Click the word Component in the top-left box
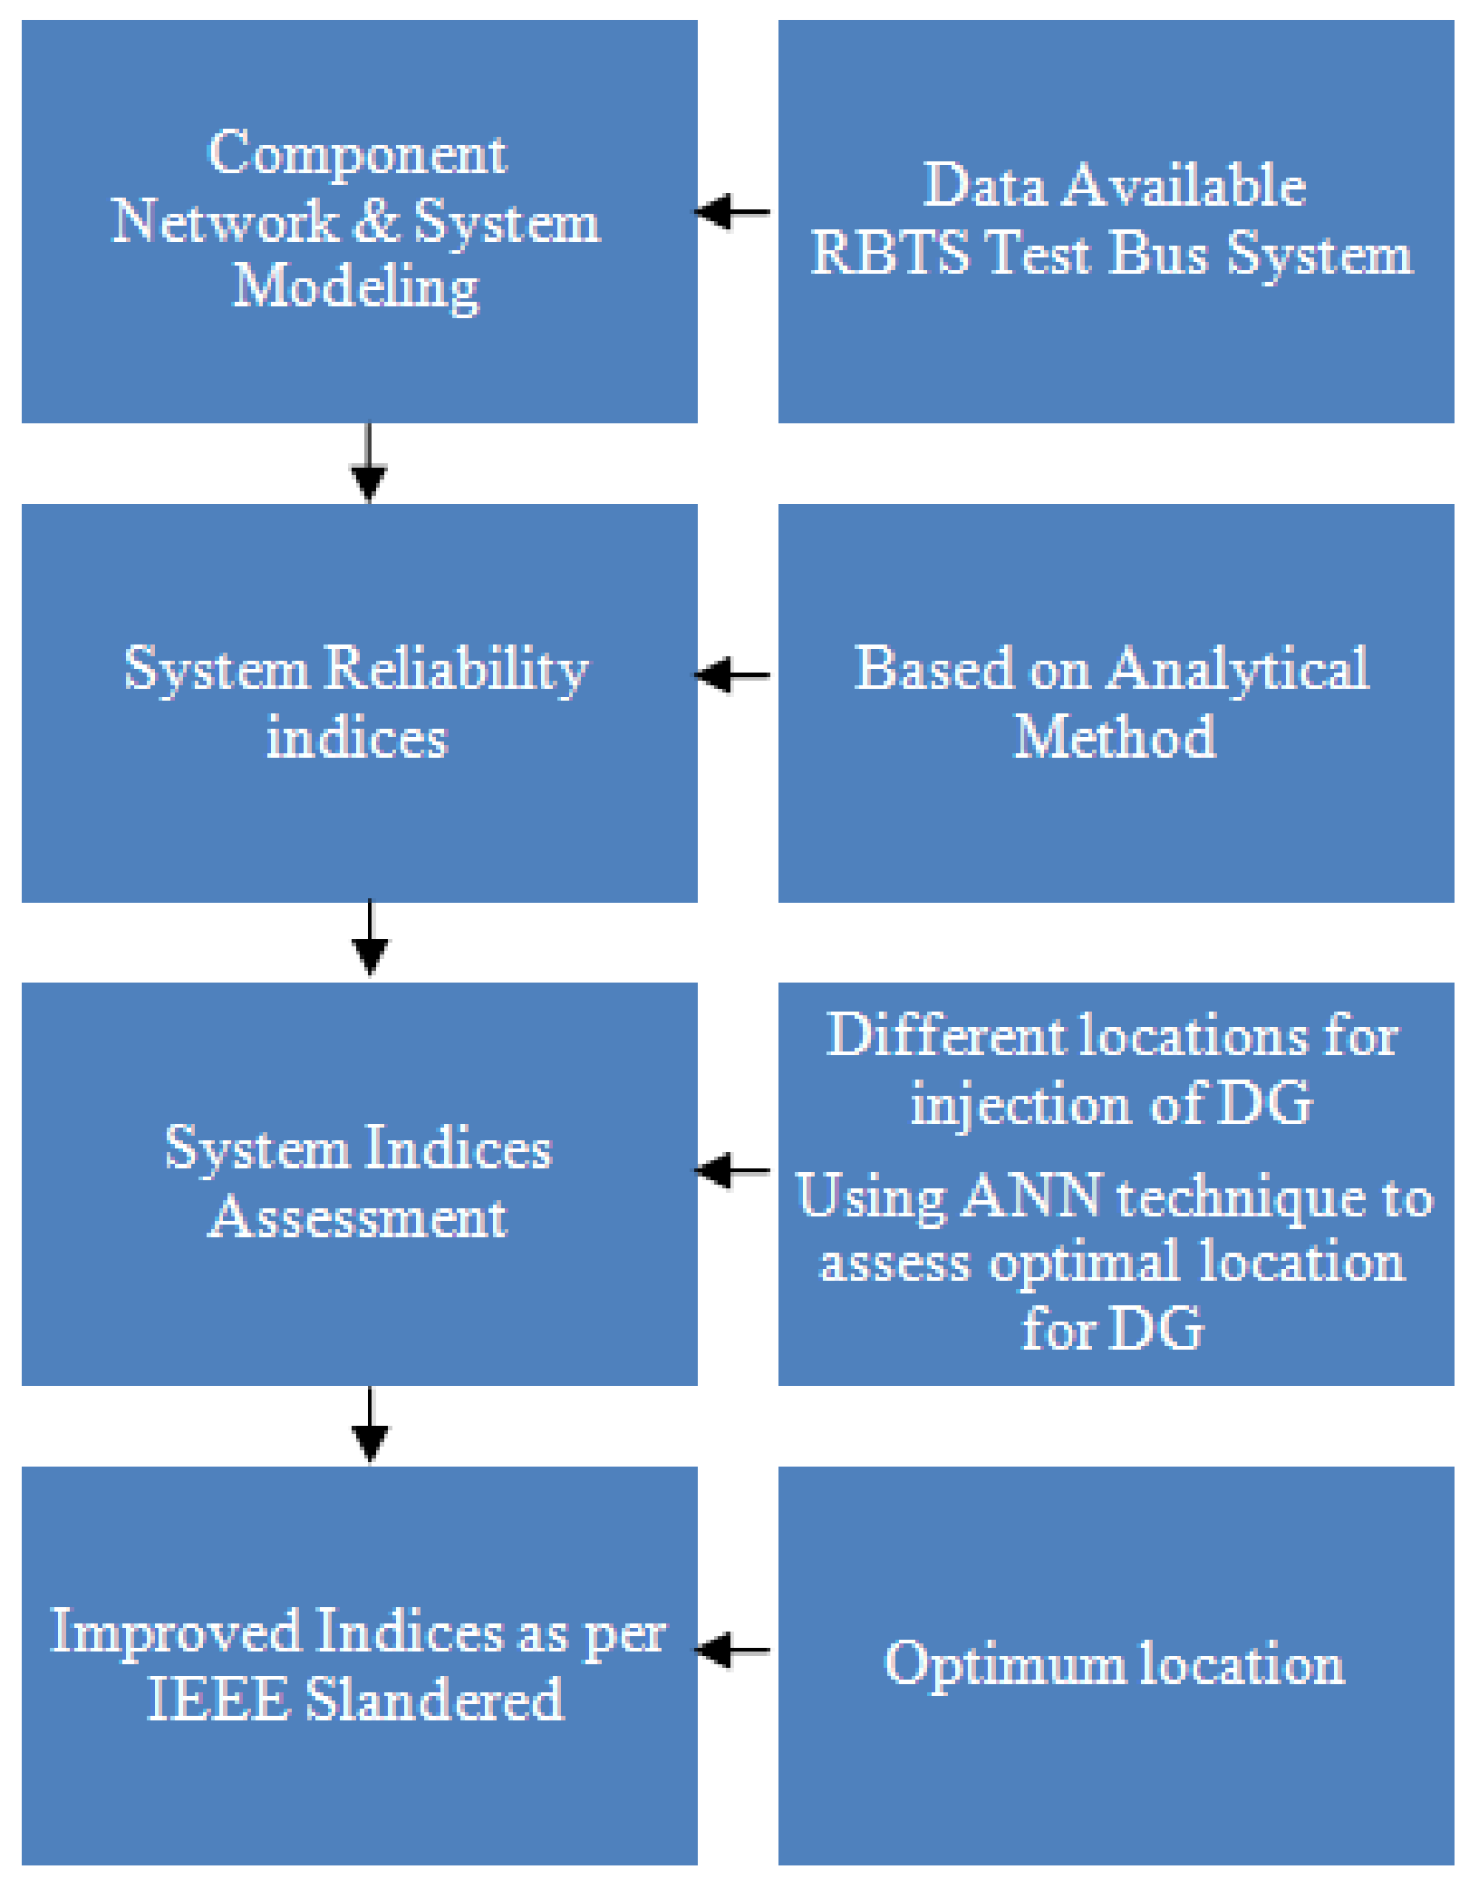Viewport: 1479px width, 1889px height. click(x=357, y=154)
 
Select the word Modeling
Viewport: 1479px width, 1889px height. click(x=356, y=287)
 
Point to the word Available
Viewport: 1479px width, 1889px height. click(x=1184, y=186)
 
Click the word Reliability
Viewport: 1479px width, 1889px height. click(x=457, y=670)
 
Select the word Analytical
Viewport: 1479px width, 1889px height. click(x=1238, y=670)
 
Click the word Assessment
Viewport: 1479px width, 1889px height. click(x=357, y=1216)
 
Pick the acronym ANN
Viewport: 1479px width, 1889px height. click(x=1031, y=1196)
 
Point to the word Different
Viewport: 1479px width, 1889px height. click(x=946, y=1035)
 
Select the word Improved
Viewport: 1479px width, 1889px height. click(x=175, y=1632)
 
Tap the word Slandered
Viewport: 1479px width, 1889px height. click(x=434, y=1699)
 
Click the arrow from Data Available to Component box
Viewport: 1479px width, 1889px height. click(x=733, y=212)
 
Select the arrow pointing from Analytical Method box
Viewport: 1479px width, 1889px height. click(x=733, y=675)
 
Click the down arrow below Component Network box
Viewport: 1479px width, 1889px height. click(x=368, y=462)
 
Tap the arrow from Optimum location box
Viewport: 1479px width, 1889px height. click(x=733, y=1650)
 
